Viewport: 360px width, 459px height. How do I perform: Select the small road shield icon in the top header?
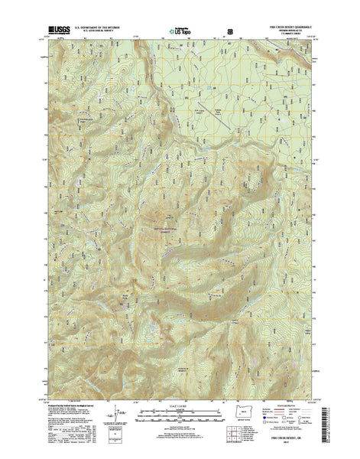pos(230,31)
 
